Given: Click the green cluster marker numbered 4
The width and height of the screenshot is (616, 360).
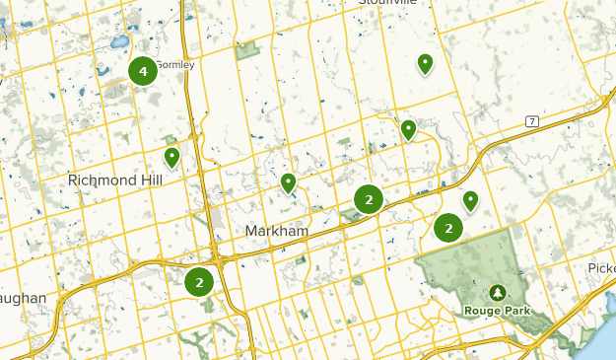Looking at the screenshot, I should pyautogui.click(x=143, y=71).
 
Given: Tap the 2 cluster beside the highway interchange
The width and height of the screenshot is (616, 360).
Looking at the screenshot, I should pyautogui.click(x=199, y=282).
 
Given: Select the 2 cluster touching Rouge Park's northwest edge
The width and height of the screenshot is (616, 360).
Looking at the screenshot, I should pyautogui.click(x=448, y=228).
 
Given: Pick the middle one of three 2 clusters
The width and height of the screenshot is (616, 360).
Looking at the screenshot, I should pyautogui.click(x=369, y=200).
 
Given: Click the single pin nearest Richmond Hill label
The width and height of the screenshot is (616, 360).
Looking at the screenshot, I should pyautogui.click(x=171, y=157).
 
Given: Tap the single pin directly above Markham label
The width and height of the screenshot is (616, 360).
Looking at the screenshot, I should pyautogui.click(x=288, y=182).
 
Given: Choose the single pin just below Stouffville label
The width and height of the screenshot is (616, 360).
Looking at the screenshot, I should pyautogui.click(x=425, y=64).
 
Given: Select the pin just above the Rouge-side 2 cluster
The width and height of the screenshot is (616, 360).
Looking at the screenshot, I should pyautogui.click(x=470, y=200).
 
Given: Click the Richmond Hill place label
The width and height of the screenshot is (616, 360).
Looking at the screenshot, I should pyautogui.click(x=114, y=180).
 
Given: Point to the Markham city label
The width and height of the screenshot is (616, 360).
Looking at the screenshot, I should pyautogui.click(x=276, y=230).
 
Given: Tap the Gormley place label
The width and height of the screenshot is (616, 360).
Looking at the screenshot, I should pyautogui.click(x=175, y=65).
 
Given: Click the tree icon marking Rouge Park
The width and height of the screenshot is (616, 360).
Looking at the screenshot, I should pyautogui.click(x=497, y=293).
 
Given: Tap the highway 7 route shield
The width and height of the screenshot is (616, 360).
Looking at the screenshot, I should pyautogui.click(x=531, y=121).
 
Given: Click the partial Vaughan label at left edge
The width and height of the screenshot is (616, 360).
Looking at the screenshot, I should pyautogui.click(x=22, y=298).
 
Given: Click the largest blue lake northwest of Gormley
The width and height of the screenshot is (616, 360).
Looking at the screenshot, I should pyautogui.click(x=119, y=43).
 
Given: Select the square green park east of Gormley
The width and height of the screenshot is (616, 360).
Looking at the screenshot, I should pyautogui.click(x=244, y=48).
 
